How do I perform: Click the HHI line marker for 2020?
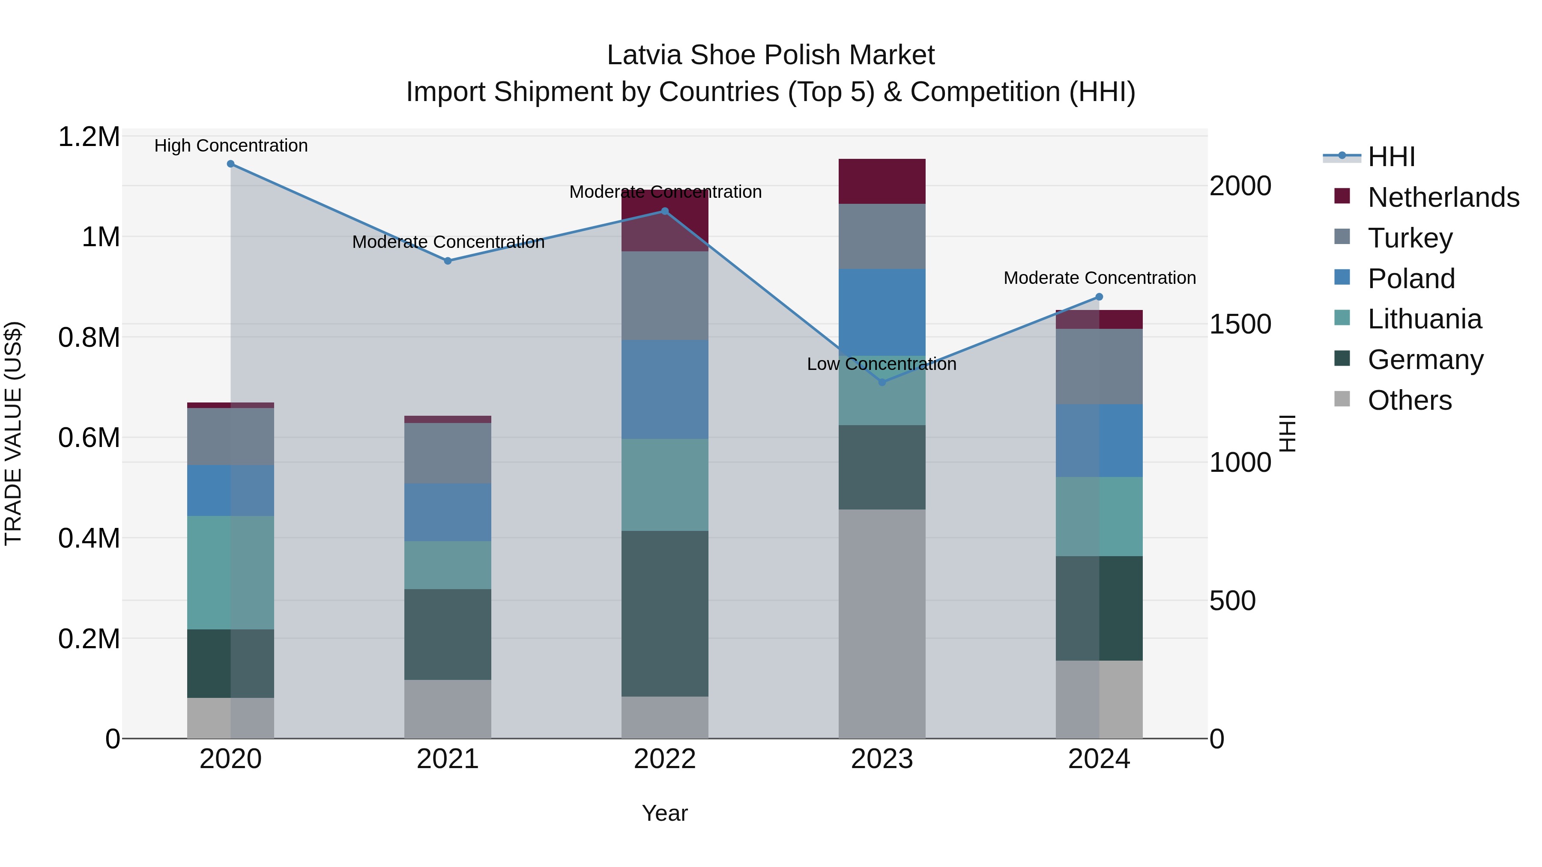[x=230, y=164]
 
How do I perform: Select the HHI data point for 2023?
[x=882, y=382]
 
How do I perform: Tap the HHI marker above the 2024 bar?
[x=1099, y=297]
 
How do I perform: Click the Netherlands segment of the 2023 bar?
[x=882, y=181]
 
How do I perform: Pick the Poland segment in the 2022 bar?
[x=664, y=390]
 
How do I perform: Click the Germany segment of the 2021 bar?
[x=448, y=634]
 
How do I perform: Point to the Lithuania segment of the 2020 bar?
[x=230, y=572]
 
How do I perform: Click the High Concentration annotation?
[x=231, y=146]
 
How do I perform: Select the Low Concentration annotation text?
[x=882, y=364]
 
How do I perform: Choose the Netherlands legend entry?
[x=1443, y=197]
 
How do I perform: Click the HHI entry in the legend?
[x=1391, y=157]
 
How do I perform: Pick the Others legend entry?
[x=1409, y=400]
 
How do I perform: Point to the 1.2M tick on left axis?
[x=89, y=137]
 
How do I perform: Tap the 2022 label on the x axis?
[x=664, y=759]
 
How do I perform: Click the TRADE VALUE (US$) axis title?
[x=13, y=433]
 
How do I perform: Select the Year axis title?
[x=664, y=813]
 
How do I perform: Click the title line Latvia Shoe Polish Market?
[x=771, y=55]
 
